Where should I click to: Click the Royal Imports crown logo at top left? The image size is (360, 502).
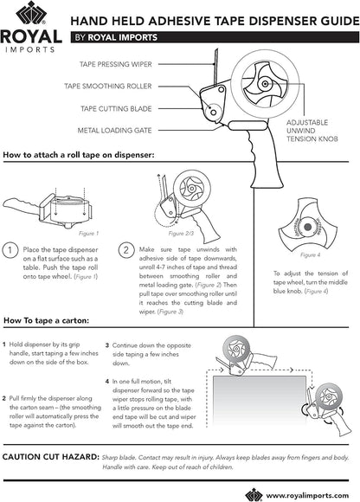pyautogui.click(x=31, y=13)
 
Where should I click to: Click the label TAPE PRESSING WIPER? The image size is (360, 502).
pyautogui.click(x=115, y=64)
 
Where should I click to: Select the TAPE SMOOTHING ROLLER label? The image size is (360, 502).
pyautogui.click(x=108, y=87)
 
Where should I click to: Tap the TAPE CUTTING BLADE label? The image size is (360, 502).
pyautogui.click(x=116, y=108)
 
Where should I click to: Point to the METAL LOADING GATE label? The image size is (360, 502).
pyautogui.click(x=114, y=131)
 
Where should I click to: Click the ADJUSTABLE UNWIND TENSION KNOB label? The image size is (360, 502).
pyautogui.click(x=312, y=131)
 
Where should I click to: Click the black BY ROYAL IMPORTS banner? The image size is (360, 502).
pyautogui.click(x=215, y=37)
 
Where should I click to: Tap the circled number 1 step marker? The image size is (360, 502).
pyautogui.click(x=10, y=250)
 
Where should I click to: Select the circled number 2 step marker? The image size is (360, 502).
pyautogui.click(x=126, y=250)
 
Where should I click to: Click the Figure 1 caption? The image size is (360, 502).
pyautogui.click(x=88, y=234)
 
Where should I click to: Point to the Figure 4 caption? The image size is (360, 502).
pyautogui.click(x=310, y=254)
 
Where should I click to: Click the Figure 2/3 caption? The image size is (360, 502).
pyautogui.click(x=181, y=234)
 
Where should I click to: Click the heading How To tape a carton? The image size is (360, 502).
pyautogui.click(x=47, y=320)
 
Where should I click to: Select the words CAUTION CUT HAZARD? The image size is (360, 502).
pyautogui.click(x=50, y=457)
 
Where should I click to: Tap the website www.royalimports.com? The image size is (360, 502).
pyautogui.click(x=307, y=496)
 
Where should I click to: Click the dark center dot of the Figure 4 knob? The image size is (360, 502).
pyautogui.click(x=307, y=227)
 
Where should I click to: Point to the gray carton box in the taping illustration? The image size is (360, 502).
pyautogui.click(x=260, y=401)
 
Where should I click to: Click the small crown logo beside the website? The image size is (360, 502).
pyautogui.click(x=254, y=495)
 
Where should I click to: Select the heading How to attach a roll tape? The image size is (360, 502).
pyautogui.click(x=79, y=155)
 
